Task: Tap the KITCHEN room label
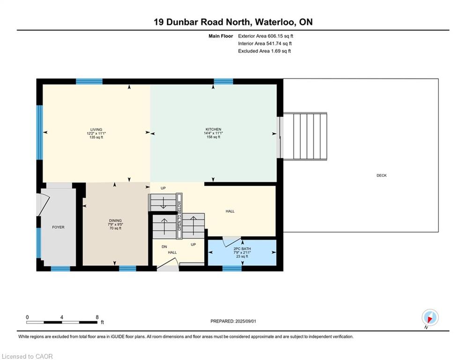(213, 129)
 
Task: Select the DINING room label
(115, 220)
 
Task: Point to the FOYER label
(58, 227)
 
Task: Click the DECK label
(381, 175)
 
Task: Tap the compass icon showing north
(429, 317)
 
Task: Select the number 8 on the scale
(97, 317)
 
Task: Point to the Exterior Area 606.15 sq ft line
(266, 36)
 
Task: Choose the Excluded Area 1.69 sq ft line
(265, 51)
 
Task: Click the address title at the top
(233, 22)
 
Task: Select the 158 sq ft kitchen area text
(213, 137)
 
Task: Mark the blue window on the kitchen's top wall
(223, 81)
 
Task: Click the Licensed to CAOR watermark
(28, 356)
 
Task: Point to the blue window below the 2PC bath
(232, 269)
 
